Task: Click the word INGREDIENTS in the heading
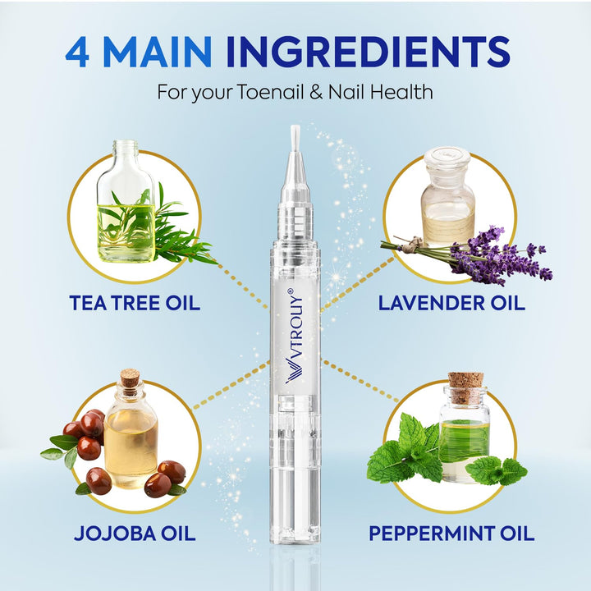(369, 52)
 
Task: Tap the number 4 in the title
(77, 52)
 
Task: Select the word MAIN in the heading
(157, 52)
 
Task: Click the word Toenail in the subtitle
(270, 92)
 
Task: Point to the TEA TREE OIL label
(135, 303)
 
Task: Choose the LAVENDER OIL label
(451, 303)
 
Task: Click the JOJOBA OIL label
(135, 533)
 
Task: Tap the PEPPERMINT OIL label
(451, 533)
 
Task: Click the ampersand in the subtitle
(316, 92)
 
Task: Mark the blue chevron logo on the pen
(295, 370)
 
